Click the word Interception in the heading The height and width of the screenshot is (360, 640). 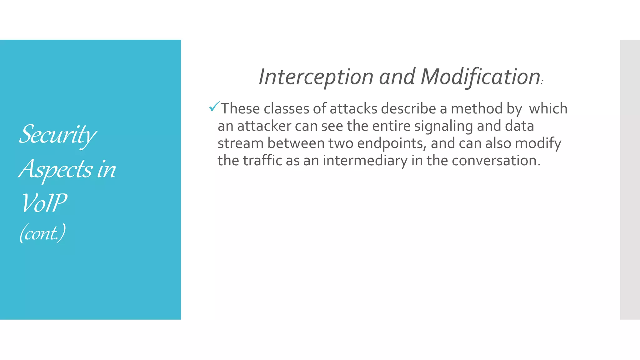[x=316, y=77]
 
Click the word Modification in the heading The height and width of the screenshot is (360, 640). [x=480, y=77]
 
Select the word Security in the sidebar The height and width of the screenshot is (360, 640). [x=57, y=135]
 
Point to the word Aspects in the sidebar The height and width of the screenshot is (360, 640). [x=56, y=169]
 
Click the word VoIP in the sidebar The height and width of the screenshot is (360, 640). [x=44, y=203]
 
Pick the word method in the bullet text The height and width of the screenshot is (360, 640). [x=476, y=109]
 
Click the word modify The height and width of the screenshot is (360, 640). [x=538, y=143]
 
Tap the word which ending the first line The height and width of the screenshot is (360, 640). [x=548, y=109]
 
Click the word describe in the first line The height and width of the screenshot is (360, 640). [x=408, y=109]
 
